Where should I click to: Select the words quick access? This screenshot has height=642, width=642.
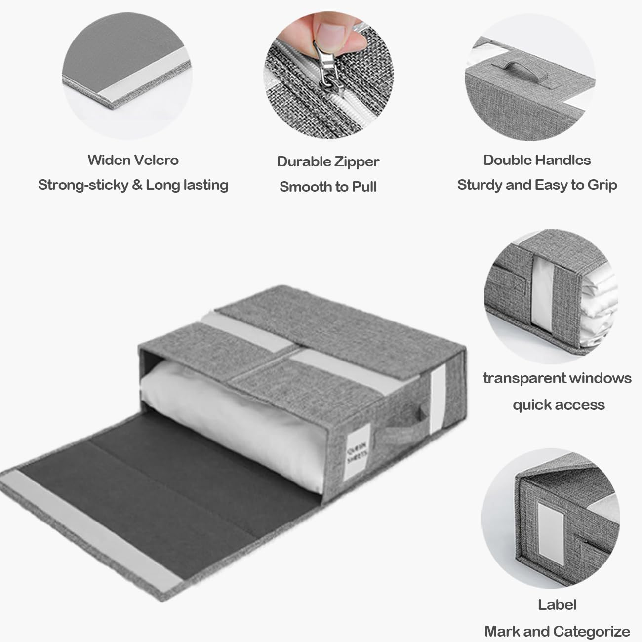[558, 405]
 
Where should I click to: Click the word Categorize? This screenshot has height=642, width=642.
[592, 631]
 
